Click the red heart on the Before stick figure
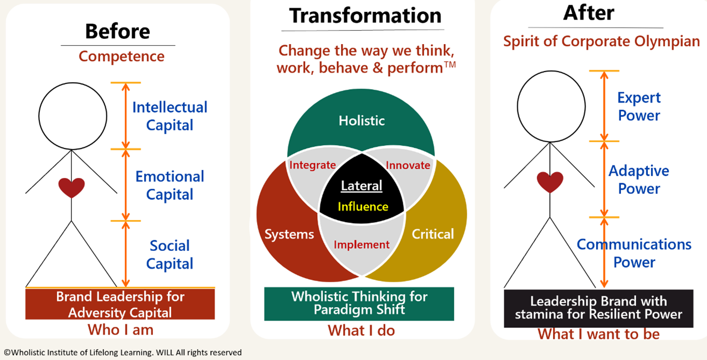tap(72, 187)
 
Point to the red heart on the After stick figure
tap(550, 182)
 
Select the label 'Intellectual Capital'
tap(169, 116)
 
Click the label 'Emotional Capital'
tap(169, 185)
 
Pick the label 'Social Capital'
tap(169, 255)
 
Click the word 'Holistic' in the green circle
tap(361, 120)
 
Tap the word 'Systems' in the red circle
tap(289, 234)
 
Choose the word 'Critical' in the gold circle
tap(432, 234)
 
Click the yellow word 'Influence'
tap(362, 206)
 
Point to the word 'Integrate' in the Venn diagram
tap(312, 165)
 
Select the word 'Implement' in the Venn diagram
tap(361, 244)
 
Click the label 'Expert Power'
tap(639, 106)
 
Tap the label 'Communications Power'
tap(634, 253)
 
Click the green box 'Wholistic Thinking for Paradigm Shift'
tap(359, 304)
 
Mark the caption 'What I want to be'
tap(598, 334)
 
